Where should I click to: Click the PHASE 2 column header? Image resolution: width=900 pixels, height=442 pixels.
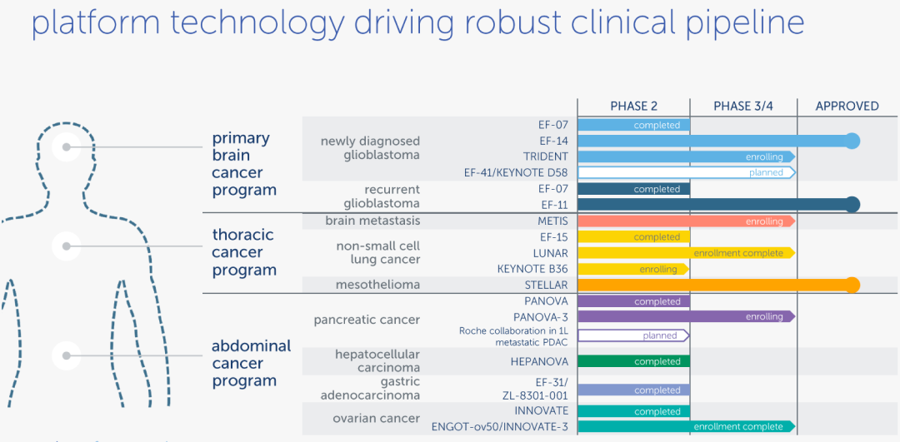[x=633, y=106]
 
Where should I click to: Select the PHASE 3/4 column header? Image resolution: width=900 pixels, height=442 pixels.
[x=743, y=106]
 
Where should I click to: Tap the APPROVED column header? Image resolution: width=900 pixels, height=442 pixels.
[x=847, y=106]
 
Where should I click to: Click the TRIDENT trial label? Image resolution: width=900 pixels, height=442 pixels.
[x=545, y=156]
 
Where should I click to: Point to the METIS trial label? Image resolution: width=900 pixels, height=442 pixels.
[x=552, y=221]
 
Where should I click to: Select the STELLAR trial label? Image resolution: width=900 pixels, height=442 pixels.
[x=546, y=285]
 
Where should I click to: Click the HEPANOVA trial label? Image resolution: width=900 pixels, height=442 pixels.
[x=539, y=362]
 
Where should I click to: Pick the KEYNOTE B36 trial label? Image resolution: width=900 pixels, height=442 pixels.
[x=532, y=269]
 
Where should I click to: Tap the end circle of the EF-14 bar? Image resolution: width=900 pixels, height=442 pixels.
[x=852, y=141]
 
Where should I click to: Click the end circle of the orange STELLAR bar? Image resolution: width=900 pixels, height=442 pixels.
[x=852, y=285]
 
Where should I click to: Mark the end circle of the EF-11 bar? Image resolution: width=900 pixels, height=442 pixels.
[x=852, y=205]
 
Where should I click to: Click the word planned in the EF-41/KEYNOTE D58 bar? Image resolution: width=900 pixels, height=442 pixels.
[x=766, y=173]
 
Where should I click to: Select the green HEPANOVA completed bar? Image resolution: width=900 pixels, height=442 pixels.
[x=633, y=362]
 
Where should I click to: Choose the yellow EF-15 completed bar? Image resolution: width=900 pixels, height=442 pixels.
[x=633, y=237]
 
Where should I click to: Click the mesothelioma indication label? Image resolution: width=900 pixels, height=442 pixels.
[x=378, y=285]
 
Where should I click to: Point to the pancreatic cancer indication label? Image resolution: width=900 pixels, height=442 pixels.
[x=367, y=320]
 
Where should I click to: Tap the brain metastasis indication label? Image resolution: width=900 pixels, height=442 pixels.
[x=372, y=221]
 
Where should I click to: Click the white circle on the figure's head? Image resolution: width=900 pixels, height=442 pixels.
[x=66, y=147]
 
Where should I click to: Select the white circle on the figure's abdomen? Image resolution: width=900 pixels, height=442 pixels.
[x=66, y=355]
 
